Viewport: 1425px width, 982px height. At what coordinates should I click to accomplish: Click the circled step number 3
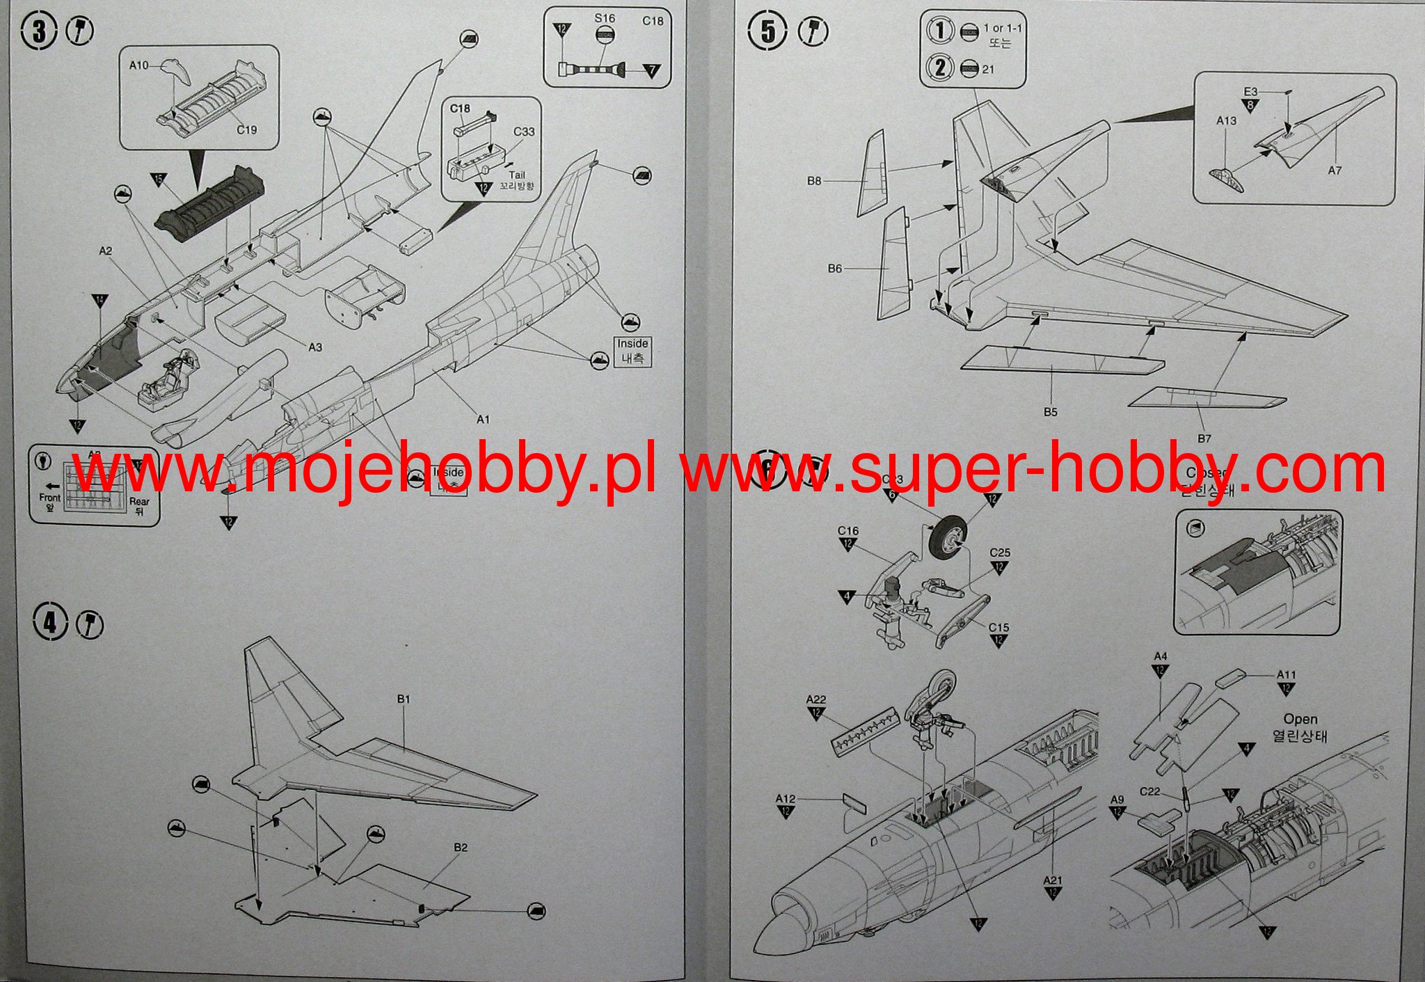[x=38, y=32]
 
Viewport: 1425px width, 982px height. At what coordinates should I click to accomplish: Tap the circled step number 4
[x=49, y=622]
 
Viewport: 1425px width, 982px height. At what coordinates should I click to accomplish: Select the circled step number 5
[x=767, y=31]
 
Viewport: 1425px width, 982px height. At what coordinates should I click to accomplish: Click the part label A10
[x=138, y=65]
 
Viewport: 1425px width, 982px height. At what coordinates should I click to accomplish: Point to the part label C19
[x=246, y=130]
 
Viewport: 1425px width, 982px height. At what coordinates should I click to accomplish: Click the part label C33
[x=524, y=132]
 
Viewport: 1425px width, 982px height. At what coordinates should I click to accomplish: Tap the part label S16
[x=604, y=19]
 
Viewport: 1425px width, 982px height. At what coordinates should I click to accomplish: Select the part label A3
[x=315, y=347]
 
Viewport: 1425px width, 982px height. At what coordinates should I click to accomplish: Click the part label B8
[x=813, y=181]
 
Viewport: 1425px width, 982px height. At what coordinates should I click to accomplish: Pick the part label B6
[x=834, y=269]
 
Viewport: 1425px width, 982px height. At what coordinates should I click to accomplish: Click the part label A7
[x=1334, y=171]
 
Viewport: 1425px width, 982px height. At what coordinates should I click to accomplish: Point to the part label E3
[x=1250, y=92]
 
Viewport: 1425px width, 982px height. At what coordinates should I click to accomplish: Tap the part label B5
[x=1050, y=412]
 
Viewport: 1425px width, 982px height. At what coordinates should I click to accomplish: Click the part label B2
[x=460, y=848]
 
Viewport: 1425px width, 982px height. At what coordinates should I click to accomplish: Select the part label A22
[x=815, y=699]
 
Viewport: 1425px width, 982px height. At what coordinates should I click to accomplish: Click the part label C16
[x=847, y=531]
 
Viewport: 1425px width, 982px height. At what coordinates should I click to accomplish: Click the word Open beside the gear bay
[x=1300, y=720]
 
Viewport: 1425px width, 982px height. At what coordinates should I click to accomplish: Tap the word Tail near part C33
[x=516, y=175]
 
